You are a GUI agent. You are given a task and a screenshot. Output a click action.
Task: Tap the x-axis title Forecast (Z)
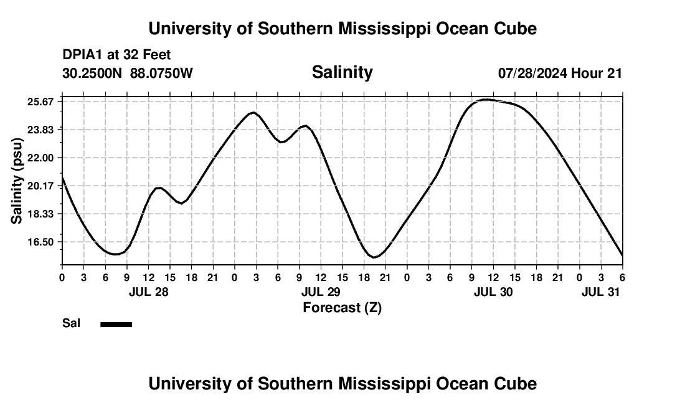342,307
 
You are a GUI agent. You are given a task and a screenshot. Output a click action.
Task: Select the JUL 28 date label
148,292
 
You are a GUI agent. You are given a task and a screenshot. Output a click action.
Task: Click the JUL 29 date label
321,292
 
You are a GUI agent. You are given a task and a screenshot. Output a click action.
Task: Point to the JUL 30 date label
493,292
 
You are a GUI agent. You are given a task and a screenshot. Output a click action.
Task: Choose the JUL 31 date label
601,292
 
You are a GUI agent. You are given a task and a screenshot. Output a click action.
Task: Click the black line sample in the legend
116,324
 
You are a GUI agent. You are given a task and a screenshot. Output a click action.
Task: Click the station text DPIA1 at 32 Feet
116,55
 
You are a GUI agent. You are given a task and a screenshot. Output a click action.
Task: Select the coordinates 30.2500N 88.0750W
128,74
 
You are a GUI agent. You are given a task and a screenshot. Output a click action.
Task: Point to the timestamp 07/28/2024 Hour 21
560,74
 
